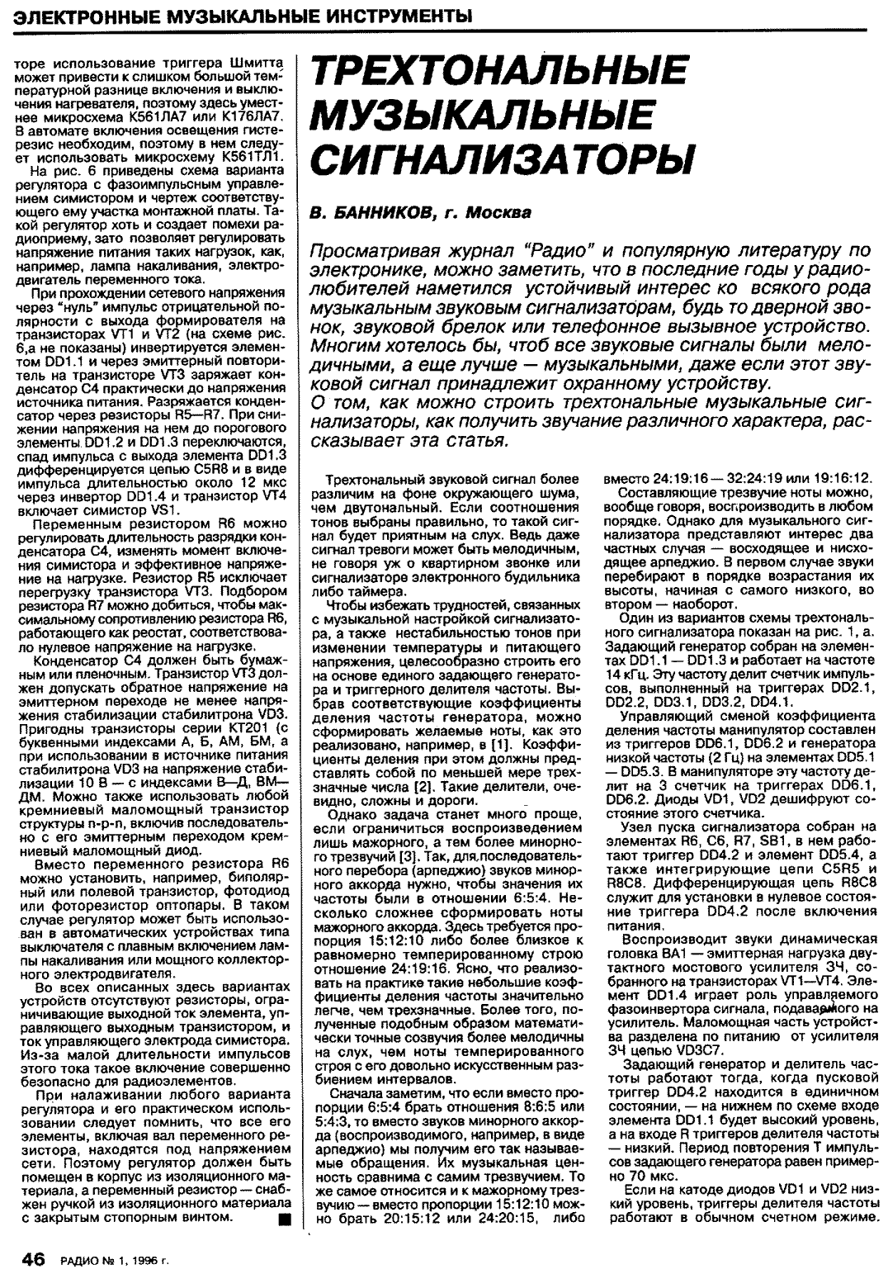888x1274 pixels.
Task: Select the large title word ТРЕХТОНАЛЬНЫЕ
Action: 498,72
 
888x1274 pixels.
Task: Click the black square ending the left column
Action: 284,1218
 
